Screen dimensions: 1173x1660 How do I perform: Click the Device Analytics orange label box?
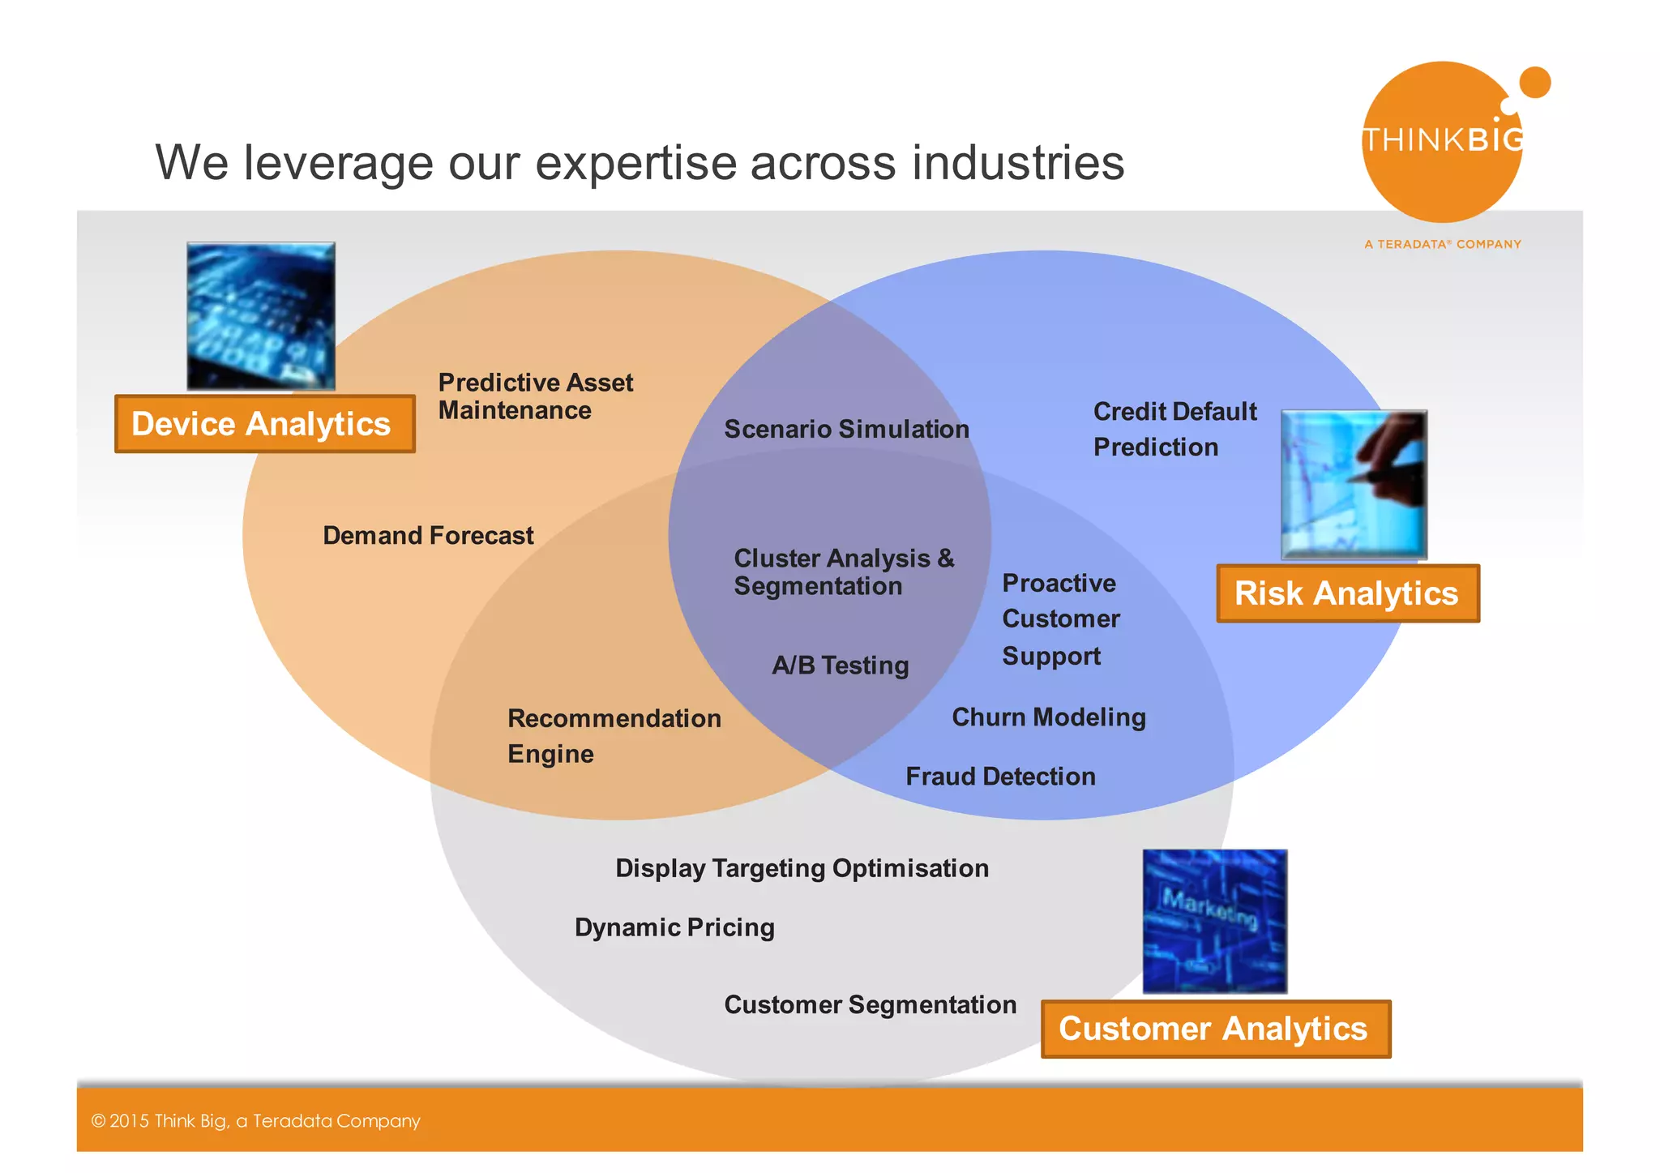[x=264, y=424]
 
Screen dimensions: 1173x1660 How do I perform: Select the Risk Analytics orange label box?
[x=1347, y=593]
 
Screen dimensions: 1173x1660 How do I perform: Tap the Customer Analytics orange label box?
[x=1215, y=1029]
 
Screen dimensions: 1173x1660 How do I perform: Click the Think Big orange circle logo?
[x=1441, y=142]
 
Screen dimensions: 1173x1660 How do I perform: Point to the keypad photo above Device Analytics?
[x=261, y=316]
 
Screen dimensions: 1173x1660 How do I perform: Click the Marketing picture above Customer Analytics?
[x=1214, y=921]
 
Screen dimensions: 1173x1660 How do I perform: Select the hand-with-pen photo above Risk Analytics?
[x=1354, y=484]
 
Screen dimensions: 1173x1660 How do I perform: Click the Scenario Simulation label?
[x=846, y=429]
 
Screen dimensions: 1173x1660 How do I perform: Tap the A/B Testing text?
[x=840, y=666]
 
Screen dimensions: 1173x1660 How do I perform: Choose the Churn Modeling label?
[x=1048, y=717]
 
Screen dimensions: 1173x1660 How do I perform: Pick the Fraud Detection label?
[x=1000, y=777]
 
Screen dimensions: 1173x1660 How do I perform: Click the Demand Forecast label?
[x=428, y=536]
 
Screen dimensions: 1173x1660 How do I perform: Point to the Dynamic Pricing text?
[x=674, y=927]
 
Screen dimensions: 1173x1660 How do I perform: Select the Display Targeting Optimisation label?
[x=802, y=868]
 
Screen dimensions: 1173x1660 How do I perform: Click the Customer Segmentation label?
[x=870, y=1005]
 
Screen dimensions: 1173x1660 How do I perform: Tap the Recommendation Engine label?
[x=614, y=736]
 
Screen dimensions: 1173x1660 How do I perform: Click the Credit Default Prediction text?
[x=1174, y=429]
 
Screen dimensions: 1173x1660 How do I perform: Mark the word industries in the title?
[x=1018, y=162]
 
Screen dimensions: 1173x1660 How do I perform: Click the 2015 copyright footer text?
[x=256, y=1121]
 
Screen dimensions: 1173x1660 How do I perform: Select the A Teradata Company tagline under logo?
[x=1442, y=244]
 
